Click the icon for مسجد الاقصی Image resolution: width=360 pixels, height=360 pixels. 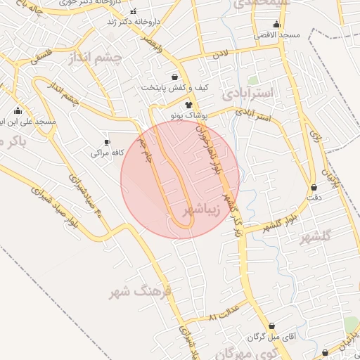276,25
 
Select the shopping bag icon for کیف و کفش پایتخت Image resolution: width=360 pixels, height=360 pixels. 174,77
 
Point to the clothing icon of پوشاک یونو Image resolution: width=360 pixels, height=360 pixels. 188,104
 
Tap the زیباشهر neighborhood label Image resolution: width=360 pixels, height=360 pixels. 202,210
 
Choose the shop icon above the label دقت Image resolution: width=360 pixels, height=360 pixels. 314,188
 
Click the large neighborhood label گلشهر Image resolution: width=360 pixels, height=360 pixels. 315,238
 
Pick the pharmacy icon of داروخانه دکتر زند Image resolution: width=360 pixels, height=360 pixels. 134,11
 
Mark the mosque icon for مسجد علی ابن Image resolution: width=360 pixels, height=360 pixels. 18,111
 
